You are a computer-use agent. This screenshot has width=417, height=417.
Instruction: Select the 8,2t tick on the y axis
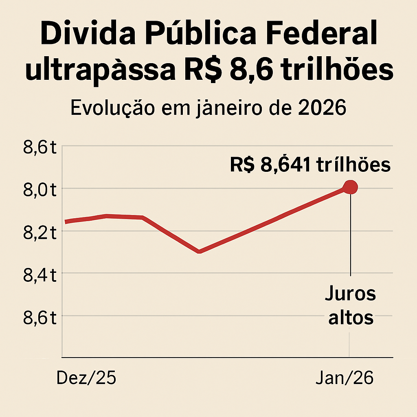(x=40, y=233)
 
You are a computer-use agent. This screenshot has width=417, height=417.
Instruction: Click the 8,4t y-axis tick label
(x=40, y=275)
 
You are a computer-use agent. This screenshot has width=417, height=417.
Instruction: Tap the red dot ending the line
(x=350, y=187)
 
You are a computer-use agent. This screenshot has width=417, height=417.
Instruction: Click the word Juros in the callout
(x=350, y=294)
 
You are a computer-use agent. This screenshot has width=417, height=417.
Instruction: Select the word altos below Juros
(x=351, y=317)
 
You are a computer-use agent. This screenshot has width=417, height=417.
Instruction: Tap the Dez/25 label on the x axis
(x=86, y=378)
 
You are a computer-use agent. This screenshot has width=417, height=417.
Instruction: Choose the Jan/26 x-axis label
(x=345, y=378)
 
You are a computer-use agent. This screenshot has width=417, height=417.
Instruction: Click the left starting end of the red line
(x=66, y=222)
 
